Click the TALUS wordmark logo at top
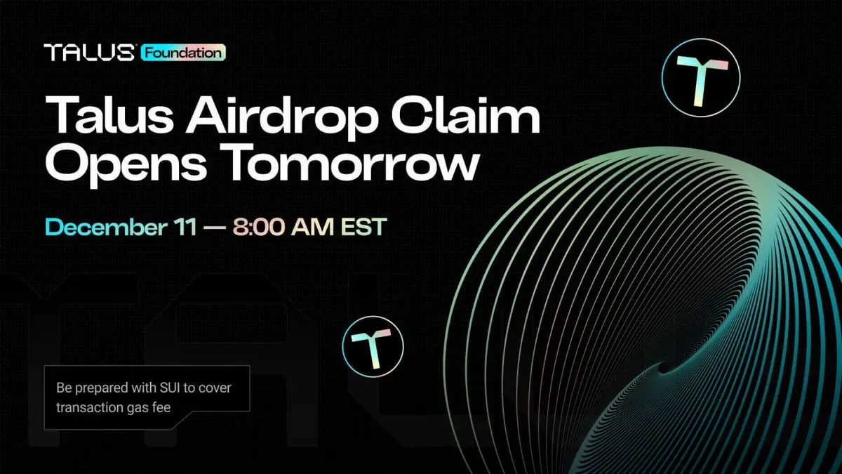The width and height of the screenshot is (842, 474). pos(88,52)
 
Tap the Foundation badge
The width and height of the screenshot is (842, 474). pos(183,53)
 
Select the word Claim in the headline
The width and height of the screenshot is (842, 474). pos(465,113)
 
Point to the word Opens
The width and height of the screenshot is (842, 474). pos(126,164)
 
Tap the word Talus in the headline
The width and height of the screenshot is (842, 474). pos(109,114)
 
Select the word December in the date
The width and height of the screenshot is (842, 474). pos(106,226)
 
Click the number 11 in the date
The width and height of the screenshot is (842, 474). pos(185,227)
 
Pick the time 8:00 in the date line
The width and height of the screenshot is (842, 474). pos(259,227)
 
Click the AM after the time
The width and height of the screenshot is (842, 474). pos(312,227)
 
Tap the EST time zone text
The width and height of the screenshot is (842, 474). pos(363,227)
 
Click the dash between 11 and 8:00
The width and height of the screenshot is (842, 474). pos(215,228)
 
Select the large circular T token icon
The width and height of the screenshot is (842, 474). pos(701,77)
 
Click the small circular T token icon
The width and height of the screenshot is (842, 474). pos(373,346)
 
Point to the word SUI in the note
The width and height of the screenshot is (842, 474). pos(170,388)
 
